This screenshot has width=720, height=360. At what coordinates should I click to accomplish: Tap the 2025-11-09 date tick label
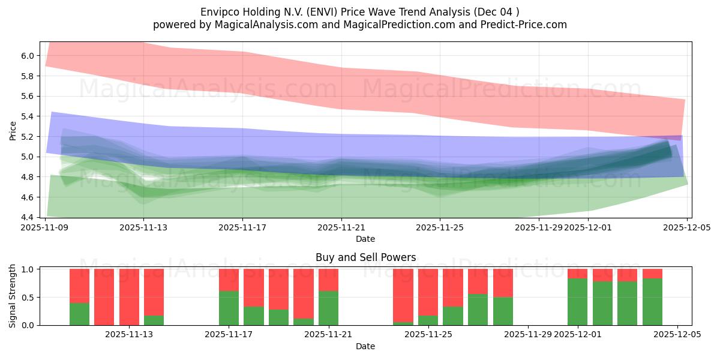tap(46, 228)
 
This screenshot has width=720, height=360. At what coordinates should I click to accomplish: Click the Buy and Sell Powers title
tap(365, 257)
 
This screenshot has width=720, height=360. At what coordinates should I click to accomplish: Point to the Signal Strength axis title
tap(13, 296)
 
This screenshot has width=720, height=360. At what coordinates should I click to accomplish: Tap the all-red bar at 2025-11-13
tap(129, 297)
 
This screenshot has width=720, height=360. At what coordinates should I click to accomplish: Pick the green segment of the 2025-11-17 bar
tap(229, 308)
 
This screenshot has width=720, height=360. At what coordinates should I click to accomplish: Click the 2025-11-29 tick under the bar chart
tap(528, 335)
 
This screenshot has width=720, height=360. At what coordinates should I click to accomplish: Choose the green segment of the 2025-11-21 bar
tap(328, 308)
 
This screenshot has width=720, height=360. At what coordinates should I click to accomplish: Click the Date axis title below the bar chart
tap(365, 346)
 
